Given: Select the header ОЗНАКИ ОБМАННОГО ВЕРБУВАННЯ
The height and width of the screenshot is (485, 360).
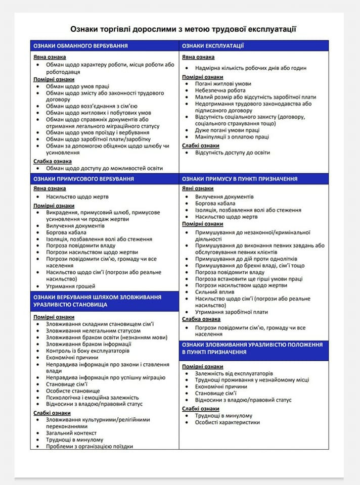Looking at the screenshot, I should click(x=80, y=46).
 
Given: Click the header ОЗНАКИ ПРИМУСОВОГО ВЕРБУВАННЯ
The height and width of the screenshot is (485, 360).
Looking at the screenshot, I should click(x=83, y=179).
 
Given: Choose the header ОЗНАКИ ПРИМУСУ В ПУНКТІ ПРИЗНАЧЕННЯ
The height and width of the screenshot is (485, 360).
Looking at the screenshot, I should click(x=240, y=179).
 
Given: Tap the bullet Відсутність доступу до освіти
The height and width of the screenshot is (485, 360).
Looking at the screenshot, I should click(x=233, y=153).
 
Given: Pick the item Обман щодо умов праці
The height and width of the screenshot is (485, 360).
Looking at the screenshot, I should click(x=77, y=86).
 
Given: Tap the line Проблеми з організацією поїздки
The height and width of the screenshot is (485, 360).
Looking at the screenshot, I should click(x=89, y=446).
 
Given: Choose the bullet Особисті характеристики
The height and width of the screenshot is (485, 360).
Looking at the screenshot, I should click(x=228, y=422).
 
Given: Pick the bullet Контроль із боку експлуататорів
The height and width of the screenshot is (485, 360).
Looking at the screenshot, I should click(x=87, y=351).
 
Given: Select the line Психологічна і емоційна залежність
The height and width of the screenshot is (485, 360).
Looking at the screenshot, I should click(x=92, y=397).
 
